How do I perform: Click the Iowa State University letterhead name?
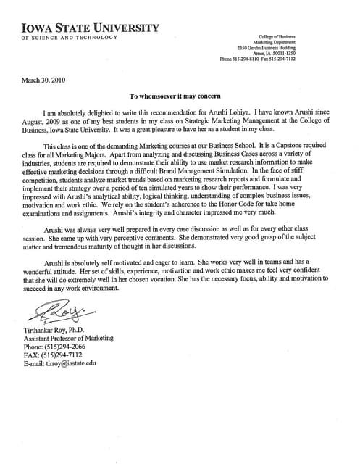(86, 28)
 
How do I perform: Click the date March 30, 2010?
(43, 80)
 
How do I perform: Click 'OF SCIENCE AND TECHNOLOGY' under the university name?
(70, 37)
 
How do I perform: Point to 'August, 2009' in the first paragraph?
(41, 122)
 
